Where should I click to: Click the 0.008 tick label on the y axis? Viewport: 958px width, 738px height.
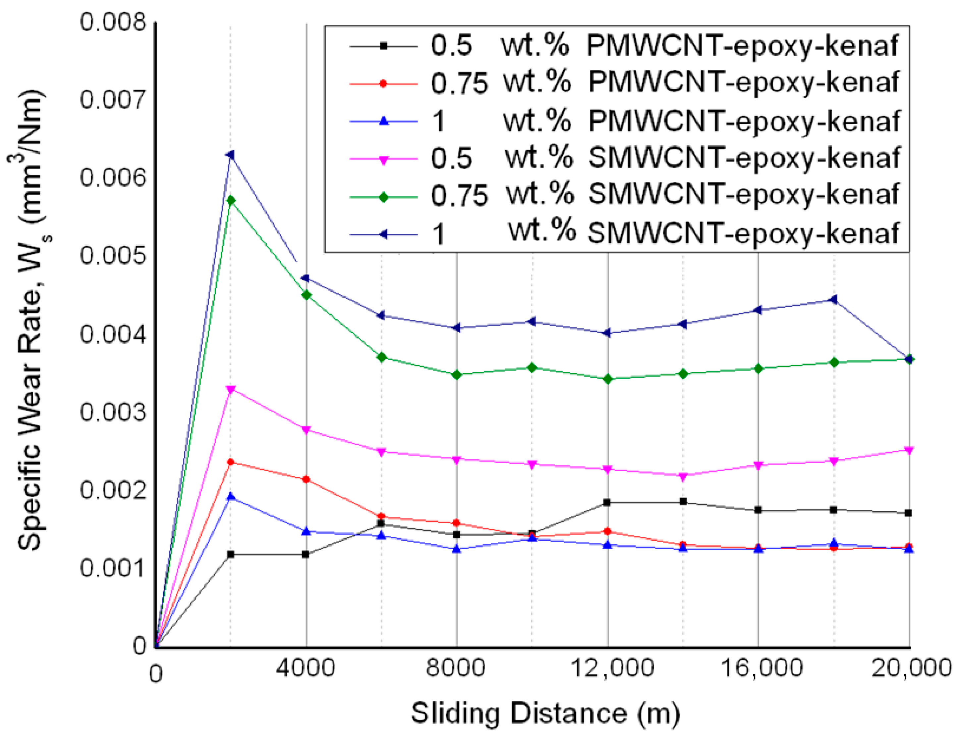[112, 22]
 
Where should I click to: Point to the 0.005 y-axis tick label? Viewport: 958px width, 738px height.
[112, 256]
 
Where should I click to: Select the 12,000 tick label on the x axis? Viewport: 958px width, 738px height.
[612, 669]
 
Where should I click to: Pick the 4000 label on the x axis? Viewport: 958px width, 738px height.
[306, 669]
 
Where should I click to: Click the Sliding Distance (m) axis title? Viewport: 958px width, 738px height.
[545, 713]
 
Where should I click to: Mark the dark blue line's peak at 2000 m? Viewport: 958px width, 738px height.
[230, 155]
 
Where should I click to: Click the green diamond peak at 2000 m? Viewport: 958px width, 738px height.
[231, 201]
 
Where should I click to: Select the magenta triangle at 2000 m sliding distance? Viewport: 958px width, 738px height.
[231, 389]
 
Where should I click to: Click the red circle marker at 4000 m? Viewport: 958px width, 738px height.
[306, 479]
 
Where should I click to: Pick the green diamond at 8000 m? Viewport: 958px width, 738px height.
[457, 375]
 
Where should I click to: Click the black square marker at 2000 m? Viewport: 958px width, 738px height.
[231, 554]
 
